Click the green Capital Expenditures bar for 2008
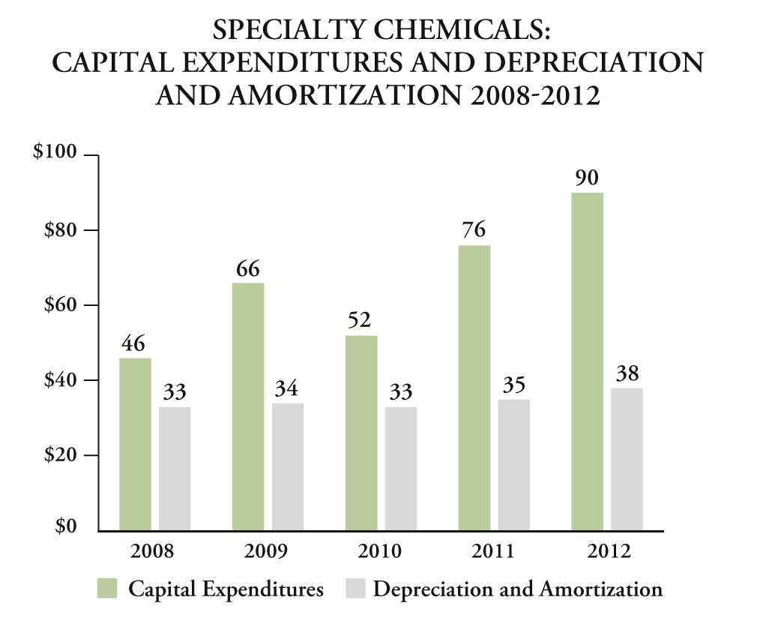135,444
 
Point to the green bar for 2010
361,433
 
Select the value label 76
474,231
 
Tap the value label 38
627,373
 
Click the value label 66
249,268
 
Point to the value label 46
134,344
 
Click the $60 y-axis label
61,304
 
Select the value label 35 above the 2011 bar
513,385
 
